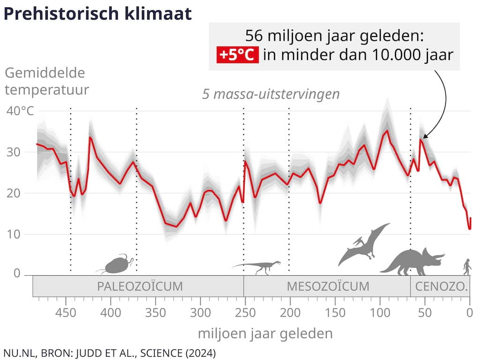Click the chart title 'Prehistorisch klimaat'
(x=97, y=14)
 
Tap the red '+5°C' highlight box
(x=238, y=55)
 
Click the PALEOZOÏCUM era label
(x=140, y=286)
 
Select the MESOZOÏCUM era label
(x=328, y=286)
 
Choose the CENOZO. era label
(x=440, y=286)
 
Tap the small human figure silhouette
(x=467, y=267)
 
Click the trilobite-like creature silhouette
(x=116, y=264)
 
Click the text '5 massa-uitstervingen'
(x=270, y=94)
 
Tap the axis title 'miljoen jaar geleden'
(x=265, y=334)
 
